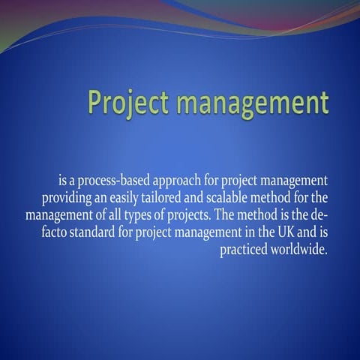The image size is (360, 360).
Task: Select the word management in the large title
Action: pyautogui.click(x=253, y=102)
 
